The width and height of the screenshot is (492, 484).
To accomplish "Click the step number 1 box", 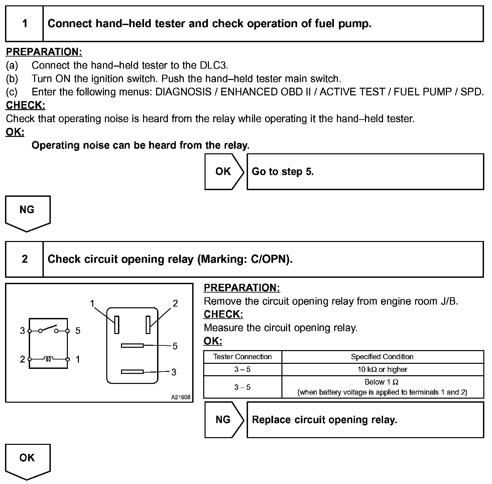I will coord(24,24).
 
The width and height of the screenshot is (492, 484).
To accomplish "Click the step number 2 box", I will coord(24,259).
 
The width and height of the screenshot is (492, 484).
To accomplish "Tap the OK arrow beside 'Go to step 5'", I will coord(224,172).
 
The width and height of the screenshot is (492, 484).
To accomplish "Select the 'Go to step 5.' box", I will coord(365,172).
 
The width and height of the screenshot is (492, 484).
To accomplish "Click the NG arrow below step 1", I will coord(27,212).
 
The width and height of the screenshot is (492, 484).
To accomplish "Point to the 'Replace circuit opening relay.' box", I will coord(365,420).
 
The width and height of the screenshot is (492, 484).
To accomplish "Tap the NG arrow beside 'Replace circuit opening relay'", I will coord(224,420).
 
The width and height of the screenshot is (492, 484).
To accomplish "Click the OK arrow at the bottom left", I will coord(27,460).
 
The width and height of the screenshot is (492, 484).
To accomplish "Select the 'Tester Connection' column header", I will coord(242,357).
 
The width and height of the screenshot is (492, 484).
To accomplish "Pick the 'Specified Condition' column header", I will coord(382,357).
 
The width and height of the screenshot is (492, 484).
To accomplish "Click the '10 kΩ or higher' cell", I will coord(382,370).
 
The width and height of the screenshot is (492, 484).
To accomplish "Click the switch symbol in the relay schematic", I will coord(48,329).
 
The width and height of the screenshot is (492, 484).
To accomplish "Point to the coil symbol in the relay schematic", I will coord(48,359).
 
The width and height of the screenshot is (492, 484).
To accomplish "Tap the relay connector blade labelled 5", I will coord(132,345).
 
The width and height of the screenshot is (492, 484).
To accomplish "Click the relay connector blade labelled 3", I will coord(132,372).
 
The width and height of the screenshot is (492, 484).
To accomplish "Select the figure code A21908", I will coord(180,397).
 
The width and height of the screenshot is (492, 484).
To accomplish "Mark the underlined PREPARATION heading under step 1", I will coord(44,52).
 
